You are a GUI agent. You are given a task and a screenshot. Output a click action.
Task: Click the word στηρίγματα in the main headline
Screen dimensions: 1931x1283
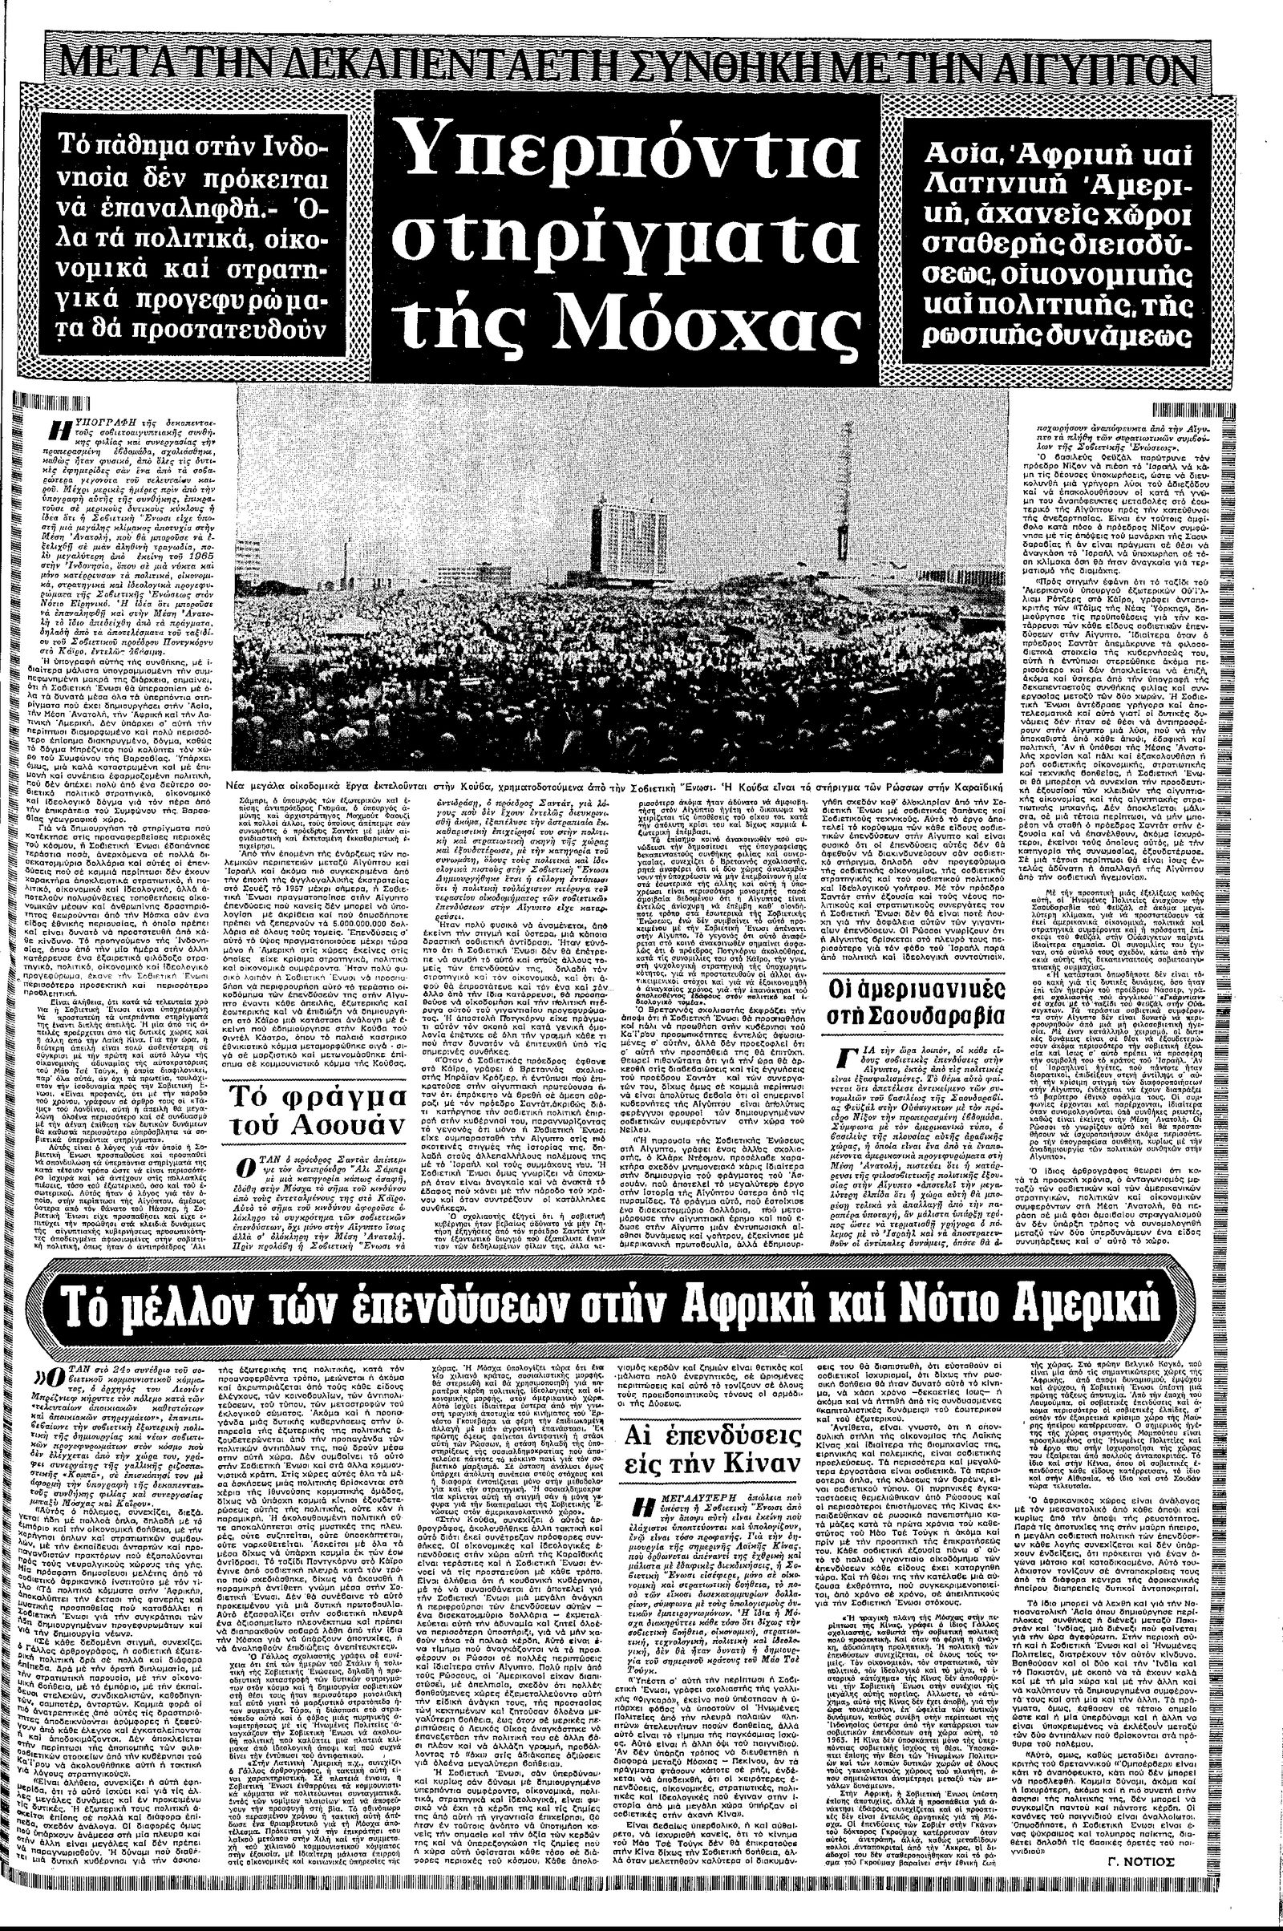click(623, 237)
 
